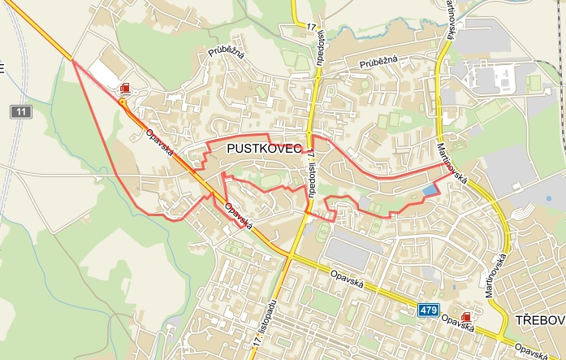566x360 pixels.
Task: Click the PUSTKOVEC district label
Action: click(265, 149)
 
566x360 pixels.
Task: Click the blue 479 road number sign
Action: click(430, 310)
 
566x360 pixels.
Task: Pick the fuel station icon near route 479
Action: click(465, 316)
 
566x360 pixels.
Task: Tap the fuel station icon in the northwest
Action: click(124, 88)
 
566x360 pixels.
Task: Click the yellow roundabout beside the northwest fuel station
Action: click(122, 102)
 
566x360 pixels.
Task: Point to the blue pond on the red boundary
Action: click(428, 190)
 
